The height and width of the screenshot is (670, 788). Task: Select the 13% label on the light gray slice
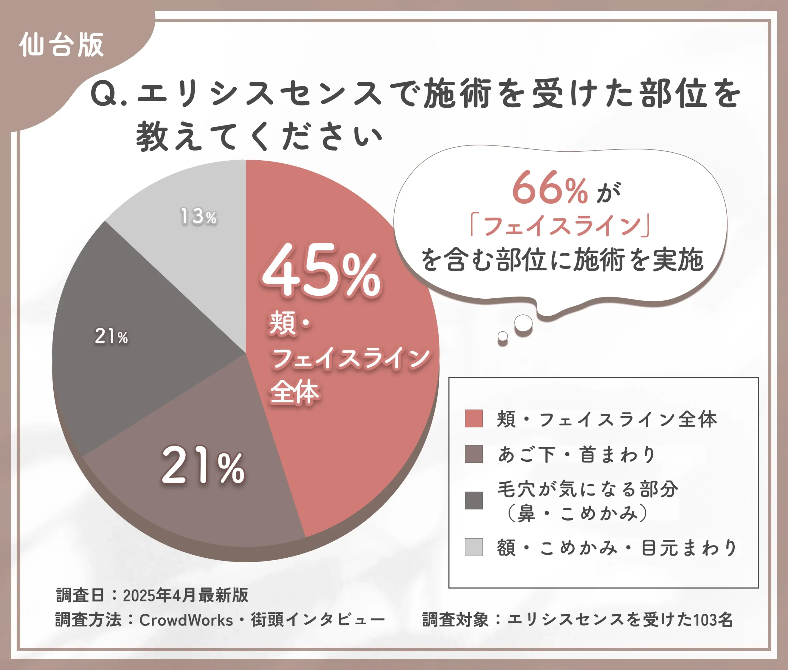(x=198, y=217)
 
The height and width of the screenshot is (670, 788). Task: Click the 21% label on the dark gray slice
(x=111, y=336)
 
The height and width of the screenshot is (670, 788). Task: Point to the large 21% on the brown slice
(x=203, y=466)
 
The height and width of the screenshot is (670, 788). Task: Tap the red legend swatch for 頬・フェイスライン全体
(x=474, y=419)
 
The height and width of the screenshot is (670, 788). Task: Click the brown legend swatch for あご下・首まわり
(x=474, y=454)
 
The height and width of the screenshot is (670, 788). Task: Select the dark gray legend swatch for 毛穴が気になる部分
(x=474, y=500)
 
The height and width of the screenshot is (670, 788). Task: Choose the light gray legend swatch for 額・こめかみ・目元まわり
(x=474, y=547)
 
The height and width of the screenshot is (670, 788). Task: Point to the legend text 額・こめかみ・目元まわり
(x=617, y=547)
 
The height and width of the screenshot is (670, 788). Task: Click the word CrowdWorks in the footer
(x=186, y=620)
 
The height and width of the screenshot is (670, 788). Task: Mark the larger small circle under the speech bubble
(x=523, y=323)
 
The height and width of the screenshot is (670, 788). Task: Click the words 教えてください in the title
(x=259, y=136)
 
